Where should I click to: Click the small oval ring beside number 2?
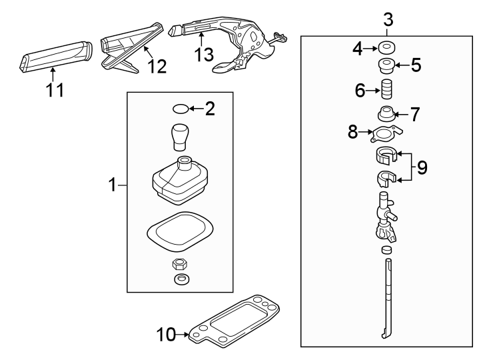pyautogui.click(x=181, y=109)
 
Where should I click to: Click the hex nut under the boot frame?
pyautogui.click(x=180, y=264)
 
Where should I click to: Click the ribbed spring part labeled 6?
pyautogui.click(x=386, y=89)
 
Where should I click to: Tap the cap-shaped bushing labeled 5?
pyautogui.click(x=385, y=66)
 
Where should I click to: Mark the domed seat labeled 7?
pyautogui.click(x=385, y=113)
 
